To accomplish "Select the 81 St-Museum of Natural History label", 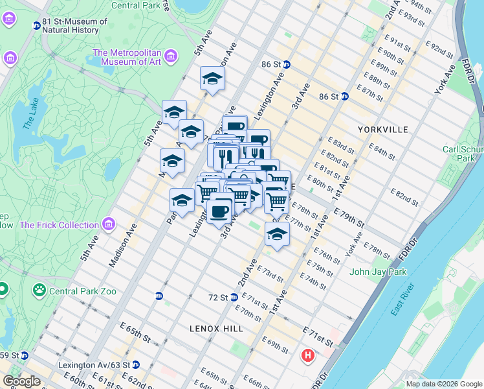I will click(74, 25).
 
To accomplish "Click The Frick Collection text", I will click(59, 225).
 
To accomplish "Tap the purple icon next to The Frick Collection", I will click(108, 225).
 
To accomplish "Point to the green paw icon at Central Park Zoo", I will click(39, 290).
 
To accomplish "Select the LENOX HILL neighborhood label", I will click(217, 329).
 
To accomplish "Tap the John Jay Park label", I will click(379, 272).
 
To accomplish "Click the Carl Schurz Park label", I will click(462, 154).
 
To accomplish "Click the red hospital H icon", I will click(308, 356).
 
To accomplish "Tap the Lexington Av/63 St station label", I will click(91, 366).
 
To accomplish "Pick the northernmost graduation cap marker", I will click(212, 78).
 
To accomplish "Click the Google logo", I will click(21, 381).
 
